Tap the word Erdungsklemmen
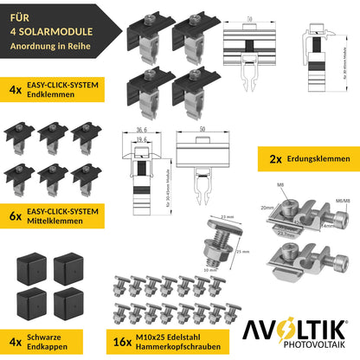coord(318,160)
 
